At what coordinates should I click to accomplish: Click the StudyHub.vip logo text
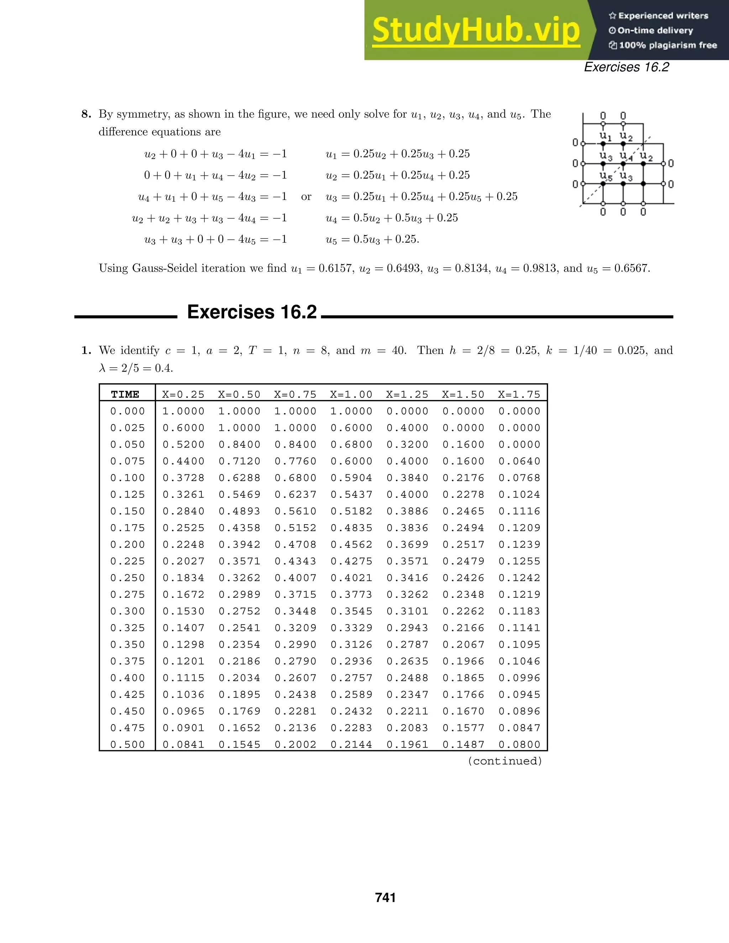[x=476, y=30]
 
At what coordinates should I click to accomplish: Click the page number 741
[x=385, y=898]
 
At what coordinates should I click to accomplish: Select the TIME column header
[x=125, y=394]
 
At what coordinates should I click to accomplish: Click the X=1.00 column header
[x=351, y=394]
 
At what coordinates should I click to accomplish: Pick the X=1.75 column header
[x=519, y=394]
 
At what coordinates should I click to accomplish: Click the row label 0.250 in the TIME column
[x=128, y=578]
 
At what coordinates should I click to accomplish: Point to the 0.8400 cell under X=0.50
[x=240, y=444]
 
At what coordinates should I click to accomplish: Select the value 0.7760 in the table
[x=295, y=461]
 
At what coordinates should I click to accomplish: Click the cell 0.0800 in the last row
[x=519, y=744]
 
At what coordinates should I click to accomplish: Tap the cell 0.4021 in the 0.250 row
[x=351, y=578]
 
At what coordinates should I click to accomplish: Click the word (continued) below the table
[x=505, y=761]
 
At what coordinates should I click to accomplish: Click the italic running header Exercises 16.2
[x=626, y=67]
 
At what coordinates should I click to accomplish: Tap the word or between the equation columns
[x=306, y=197]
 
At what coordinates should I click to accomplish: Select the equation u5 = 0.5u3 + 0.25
[x=372, y=239]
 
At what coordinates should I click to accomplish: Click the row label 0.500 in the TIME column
[x=128, y=744]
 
